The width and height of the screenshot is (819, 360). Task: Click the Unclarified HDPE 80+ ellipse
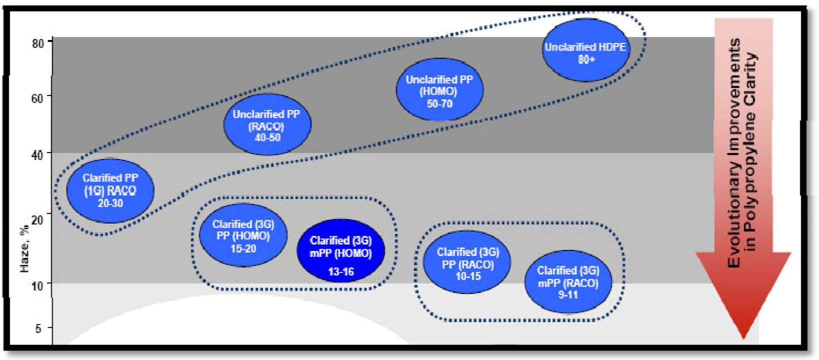pyautogui.click(x=585, y=50)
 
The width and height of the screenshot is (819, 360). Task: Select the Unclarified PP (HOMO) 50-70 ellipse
pyautogui.click(x=439, y=90)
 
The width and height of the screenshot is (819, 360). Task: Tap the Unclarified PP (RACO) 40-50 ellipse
pyautogui.click(x=267, y=124)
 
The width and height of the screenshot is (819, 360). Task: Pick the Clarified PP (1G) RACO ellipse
pyautogui.click(x=110, y=190)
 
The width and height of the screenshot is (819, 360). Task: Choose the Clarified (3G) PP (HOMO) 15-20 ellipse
pyautogui.click(x=243, y=235)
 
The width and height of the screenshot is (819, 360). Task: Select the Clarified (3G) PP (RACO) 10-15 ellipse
pyautogui.click(x=467, y=262)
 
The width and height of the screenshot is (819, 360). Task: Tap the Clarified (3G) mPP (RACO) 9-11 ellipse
pyautogui.click(x=568, y=282)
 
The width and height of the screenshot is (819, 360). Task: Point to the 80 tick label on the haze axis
pyautogui.click(x=38, y=43)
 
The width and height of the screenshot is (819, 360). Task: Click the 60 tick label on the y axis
pyautogui.click(x=37, y=98)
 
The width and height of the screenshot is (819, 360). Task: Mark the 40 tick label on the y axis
pyautogui.click(x=37, y=155)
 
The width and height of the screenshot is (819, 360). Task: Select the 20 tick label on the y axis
pyautogui.click(x=37, y=220)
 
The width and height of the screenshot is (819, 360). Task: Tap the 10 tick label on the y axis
pyautogui.click(x=37, y=286)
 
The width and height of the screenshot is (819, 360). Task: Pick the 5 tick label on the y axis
pyautogui.click(x=38, y=328)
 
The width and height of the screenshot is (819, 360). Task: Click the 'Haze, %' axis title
pyautogui.click(x=24, y=249)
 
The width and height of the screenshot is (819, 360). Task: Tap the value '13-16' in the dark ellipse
pyautogui.click(x=341, y=272)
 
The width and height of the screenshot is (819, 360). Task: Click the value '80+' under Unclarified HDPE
pyautogui.click(x=586, y=59)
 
